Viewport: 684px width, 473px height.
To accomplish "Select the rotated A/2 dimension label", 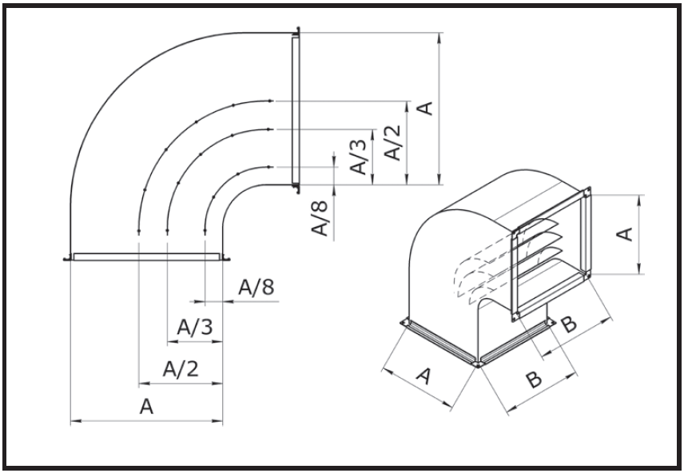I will [393, 144].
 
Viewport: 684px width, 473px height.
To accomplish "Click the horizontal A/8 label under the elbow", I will [255, 288].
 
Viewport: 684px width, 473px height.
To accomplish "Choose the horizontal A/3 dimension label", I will [193, 328].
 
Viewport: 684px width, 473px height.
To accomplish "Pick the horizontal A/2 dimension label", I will [180, 368].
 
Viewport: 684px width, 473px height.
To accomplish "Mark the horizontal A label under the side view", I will [146, 407].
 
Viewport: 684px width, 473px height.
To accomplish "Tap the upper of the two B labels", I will [568, 324].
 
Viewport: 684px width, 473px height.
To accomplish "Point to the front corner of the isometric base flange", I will [476, 365].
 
